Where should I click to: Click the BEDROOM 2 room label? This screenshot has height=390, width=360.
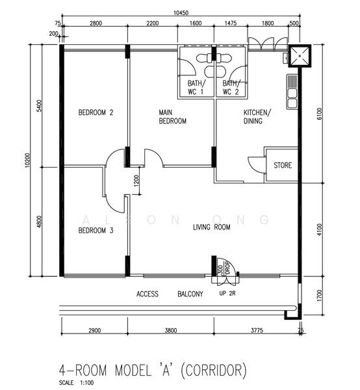(96, 112)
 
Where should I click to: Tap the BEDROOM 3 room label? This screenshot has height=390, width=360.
(96, 230)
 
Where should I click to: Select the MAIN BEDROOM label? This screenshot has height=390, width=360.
(173, 117)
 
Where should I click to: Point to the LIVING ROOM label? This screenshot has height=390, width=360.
(212, 227)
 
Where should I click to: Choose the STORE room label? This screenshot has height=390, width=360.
(283, 166)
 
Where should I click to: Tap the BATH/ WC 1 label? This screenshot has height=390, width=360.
(196, 88)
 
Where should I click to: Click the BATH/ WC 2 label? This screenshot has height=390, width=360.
(231, 88)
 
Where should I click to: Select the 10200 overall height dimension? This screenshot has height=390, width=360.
(27, 160)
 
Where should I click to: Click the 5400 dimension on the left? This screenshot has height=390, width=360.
(40, 105)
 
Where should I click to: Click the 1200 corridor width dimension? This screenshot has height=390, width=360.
(136, 181)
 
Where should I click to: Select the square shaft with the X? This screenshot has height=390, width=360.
(299, 57)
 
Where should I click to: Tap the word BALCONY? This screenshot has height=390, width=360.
(190, 294)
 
